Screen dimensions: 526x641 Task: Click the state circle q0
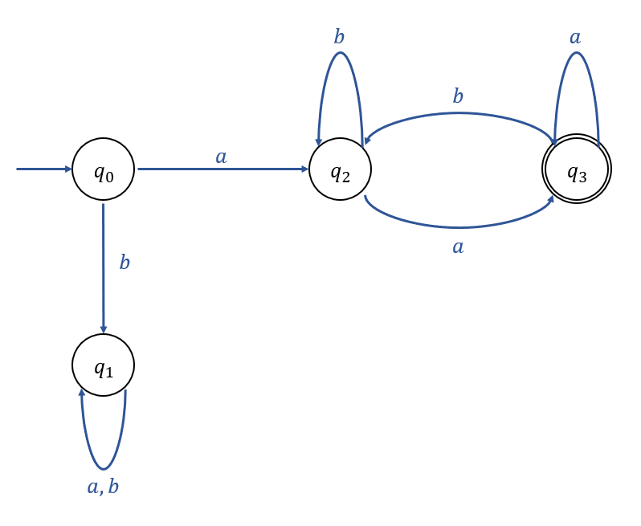[103, 169]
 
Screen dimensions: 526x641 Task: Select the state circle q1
[103, 365]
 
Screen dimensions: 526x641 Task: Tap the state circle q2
[340, 169]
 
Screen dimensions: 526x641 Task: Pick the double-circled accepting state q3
[577, 169]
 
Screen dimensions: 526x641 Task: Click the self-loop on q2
[341, 55]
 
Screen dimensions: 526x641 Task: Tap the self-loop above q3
[576, 55]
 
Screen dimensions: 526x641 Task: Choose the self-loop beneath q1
[103, 467]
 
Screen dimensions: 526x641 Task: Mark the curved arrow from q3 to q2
[459, 114]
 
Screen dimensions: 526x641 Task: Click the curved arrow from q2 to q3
[459, 226]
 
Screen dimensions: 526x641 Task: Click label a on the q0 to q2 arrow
[221, 157]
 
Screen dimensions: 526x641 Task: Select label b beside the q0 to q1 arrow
[125, 263]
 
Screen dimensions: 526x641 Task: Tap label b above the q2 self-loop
[339, 37]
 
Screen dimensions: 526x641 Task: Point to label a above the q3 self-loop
[575, 37]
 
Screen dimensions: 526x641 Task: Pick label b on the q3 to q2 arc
[458, 96]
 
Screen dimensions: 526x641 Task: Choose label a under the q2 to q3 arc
[458, 247]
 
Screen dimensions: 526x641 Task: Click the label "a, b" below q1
[103, 487]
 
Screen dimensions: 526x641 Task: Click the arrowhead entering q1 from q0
[103, 328]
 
